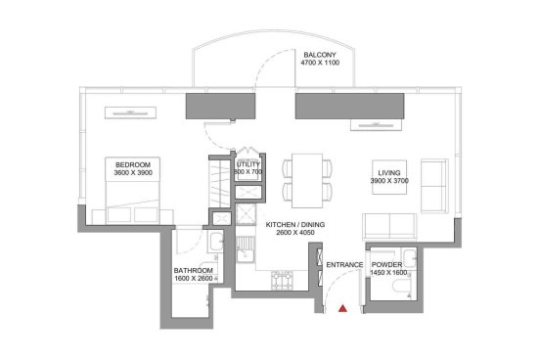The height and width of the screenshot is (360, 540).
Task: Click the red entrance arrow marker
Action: click(x=342, y=308)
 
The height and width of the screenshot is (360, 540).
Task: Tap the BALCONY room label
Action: click(x=320, y=55)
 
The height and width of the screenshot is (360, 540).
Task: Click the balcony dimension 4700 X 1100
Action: click(x=320, y=63)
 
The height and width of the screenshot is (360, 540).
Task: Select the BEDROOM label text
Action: click(x=133, y=165)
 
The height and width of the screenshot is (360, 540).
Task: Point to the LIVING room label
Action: click(x=389, y=173)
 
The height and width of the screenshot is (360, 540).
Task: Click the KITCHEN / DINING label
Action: click(x=295, y=225)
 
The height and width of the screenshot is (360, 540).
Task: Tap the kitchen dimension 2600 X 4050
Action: click(x=295, y=233)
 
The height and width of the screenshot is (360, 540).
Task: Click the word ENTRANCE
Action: click(x=344, y=265)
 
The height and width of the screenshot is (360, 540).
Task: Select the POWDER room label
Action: click(x=386, y=265)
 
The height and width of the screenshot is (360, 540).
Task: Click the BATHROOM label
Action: click(x=193, y=271)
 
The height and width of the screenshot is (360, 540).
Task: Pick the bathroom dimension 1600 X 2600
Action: click(x=194, y=279)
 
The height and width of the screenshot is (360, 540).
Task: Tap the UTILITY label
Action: click(x=247, y=164)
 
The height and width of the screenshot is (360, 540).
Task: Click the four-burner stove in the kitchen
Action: click(x=282, y=280)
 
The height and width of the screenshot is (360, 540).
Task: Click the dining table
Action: click(x=307, y=181)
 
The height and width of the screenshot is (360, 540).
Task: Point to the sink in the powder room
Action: click(x=410, y=258)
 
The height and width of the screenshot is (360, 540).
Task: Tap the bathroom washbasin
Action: click(x=215, y=242)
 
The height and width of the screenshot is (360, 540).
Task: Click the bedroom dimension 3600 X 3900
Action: click(x=133, y=173)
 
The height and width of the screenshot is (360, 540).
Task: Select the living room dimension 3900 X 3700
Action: click(x=389, y=181)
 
